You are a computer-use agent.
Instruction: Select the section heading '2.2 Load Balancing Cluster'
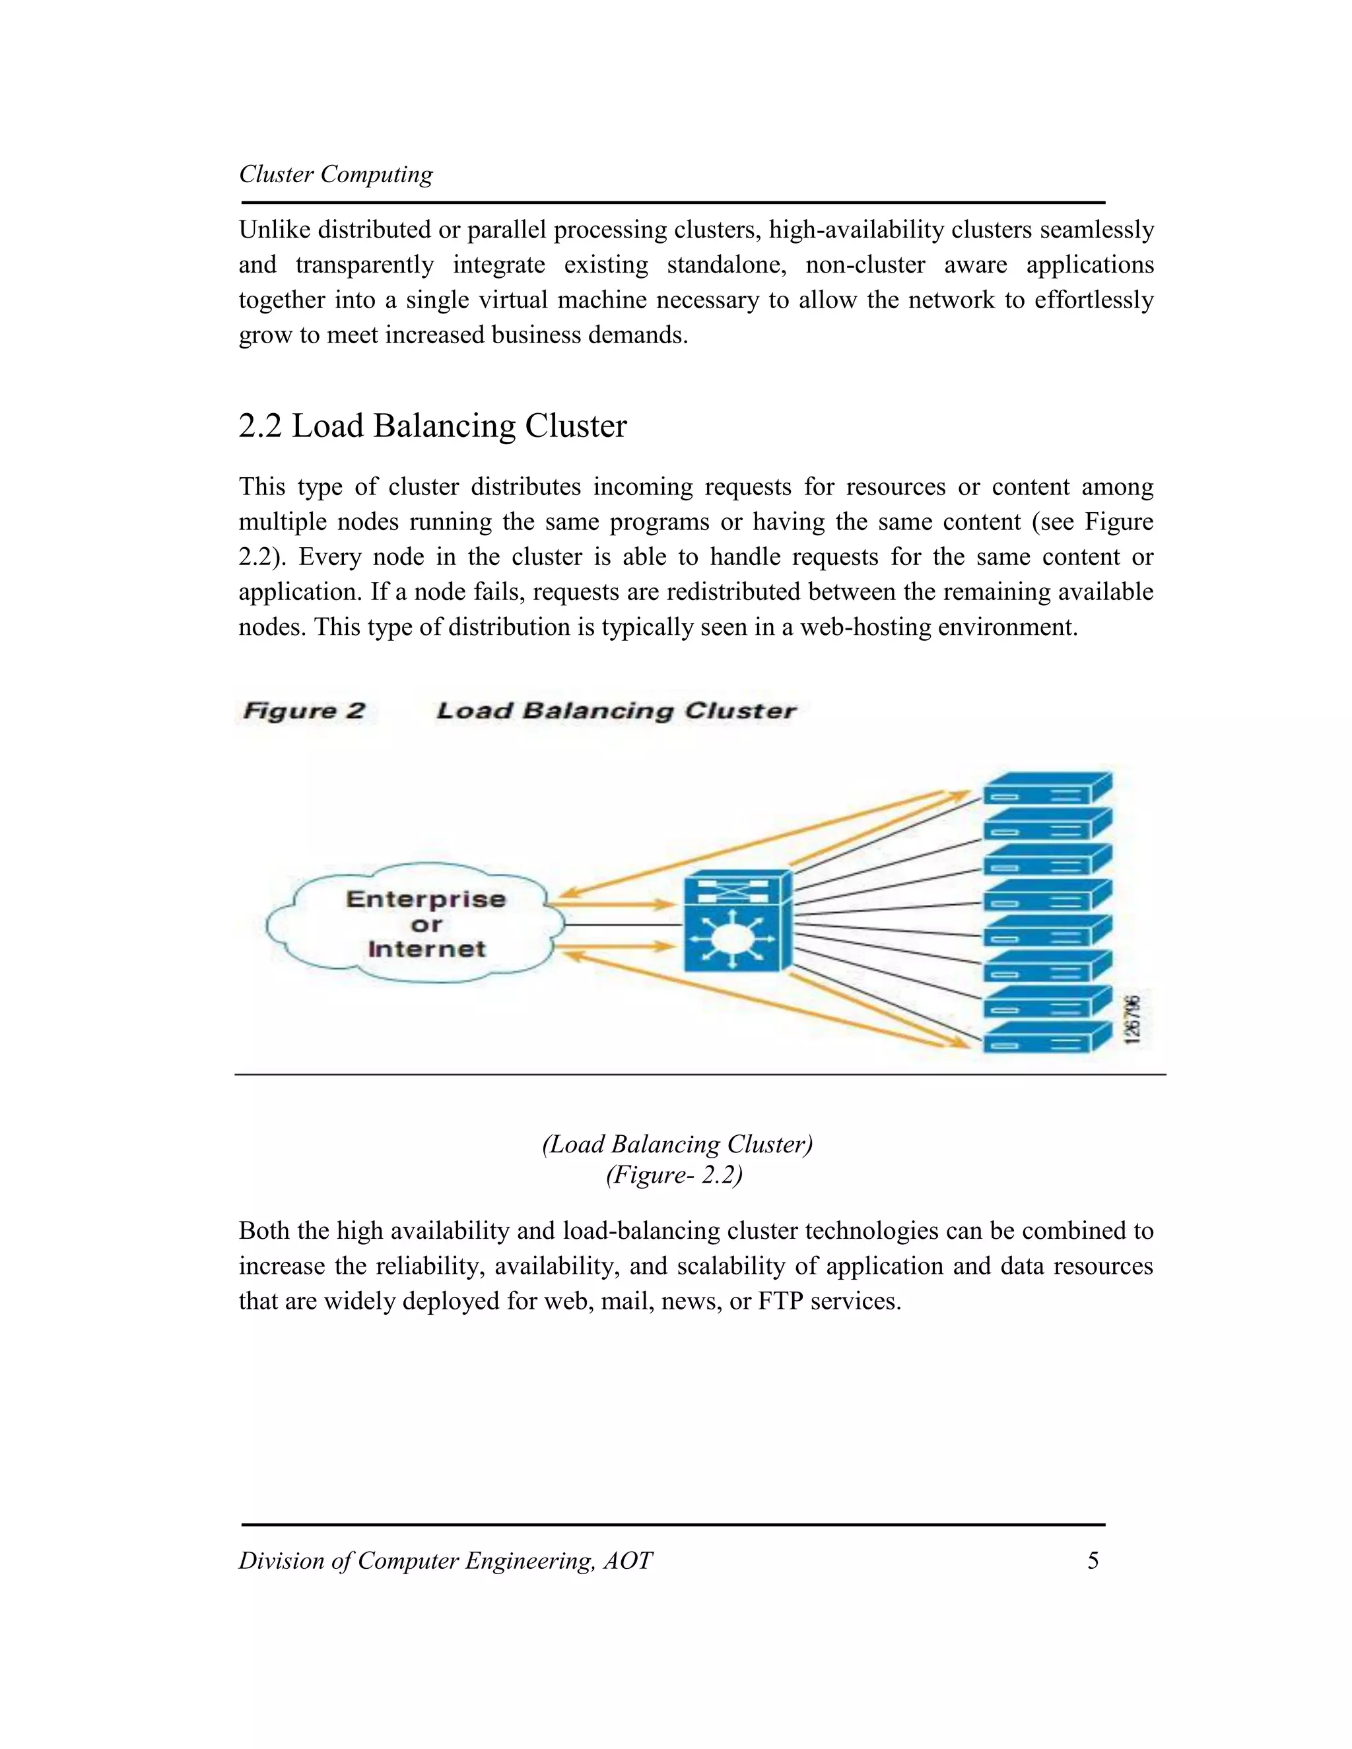[x=432, y=426]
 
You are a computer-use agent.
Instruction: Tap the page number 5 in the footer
[x=1093, y=1560]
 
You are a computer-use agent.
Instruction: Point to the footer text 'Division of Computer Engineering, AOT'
[x=446, y=1561]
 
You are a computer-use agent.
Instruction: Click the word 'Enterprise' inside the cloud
[x=426, y=900]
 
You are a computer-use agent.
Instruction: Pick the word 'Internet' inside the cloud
[x=427, y=949]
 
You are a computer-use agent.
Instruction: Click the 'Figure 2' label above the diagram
[x=304, y=711]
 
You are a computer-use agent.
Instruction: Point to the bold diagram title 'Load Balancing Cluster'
[x=616, y=711]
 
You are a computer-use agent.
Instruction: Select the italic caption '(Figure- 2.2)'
[x=675, y=1175]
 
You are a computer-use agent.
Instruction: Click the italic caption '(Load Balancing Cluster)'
[x=677, y=1144]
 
